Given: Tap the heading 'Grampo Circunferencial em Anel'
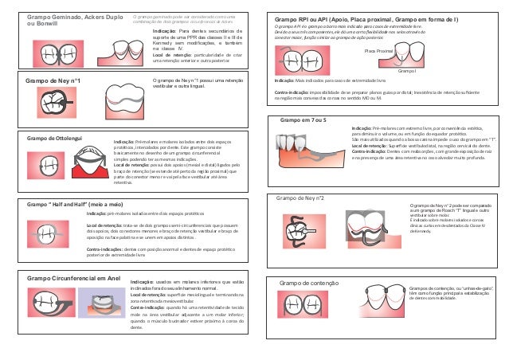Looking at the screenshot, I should click(x=74, y=278).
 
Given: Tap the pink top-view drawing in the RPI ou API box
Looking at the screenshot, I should click(x=296, y=61).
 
